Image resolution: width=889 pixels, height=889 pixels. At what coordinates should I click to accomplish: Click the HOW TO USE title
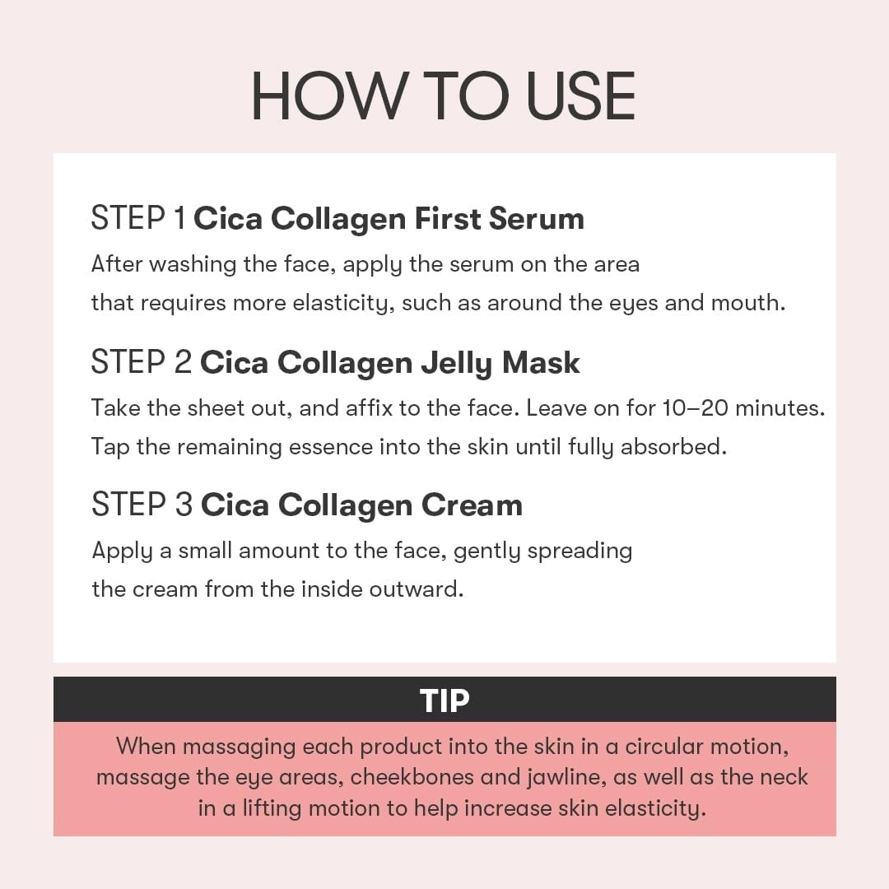(x=444, y=96)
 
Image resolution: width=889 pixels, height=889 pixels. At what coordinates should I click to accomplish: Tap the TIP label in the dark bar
(x=444, y=700)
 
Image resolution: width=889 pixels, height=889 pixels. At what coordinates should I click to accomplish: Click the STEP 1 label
(x=138, y=218)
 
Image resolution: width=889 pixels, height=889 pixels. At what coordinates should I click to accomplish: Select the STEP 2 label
(x=142, y=361)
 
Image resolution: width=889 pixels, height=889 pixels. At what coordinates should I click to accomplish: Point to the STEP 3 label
(x=142, y=505)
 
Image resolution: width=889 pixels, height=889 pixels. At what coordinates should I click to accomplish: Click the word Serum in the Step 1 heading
(x=537, y=219)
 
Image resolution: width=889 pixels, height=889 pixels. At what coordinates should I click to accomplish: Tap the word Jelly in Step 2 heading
(x=457, y=364)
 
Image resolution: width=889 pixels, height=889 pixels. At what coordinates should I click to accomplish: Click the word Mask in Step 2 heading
(x=541, y=362)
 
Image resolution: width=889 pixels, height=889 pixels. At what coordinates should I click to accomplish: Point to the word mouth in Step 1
(x=748, y=303)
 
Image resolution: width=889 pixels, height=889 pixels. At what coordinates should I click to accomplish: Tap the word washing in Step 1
(x=193, y=265)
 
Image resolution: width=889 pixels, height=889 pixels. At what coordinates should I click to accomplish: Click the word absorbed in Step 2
(x=673, y=447)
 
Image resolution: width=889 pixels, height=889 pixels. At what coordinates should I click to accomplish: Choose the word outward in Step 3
(x=417, y=589)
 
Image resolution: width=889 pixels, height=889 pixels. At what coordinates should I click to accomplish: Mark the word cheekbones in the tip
(x=412, y=777)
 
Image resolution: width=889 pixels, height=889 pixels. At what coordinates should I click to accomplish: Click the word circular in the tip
(x=664, y=746)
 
